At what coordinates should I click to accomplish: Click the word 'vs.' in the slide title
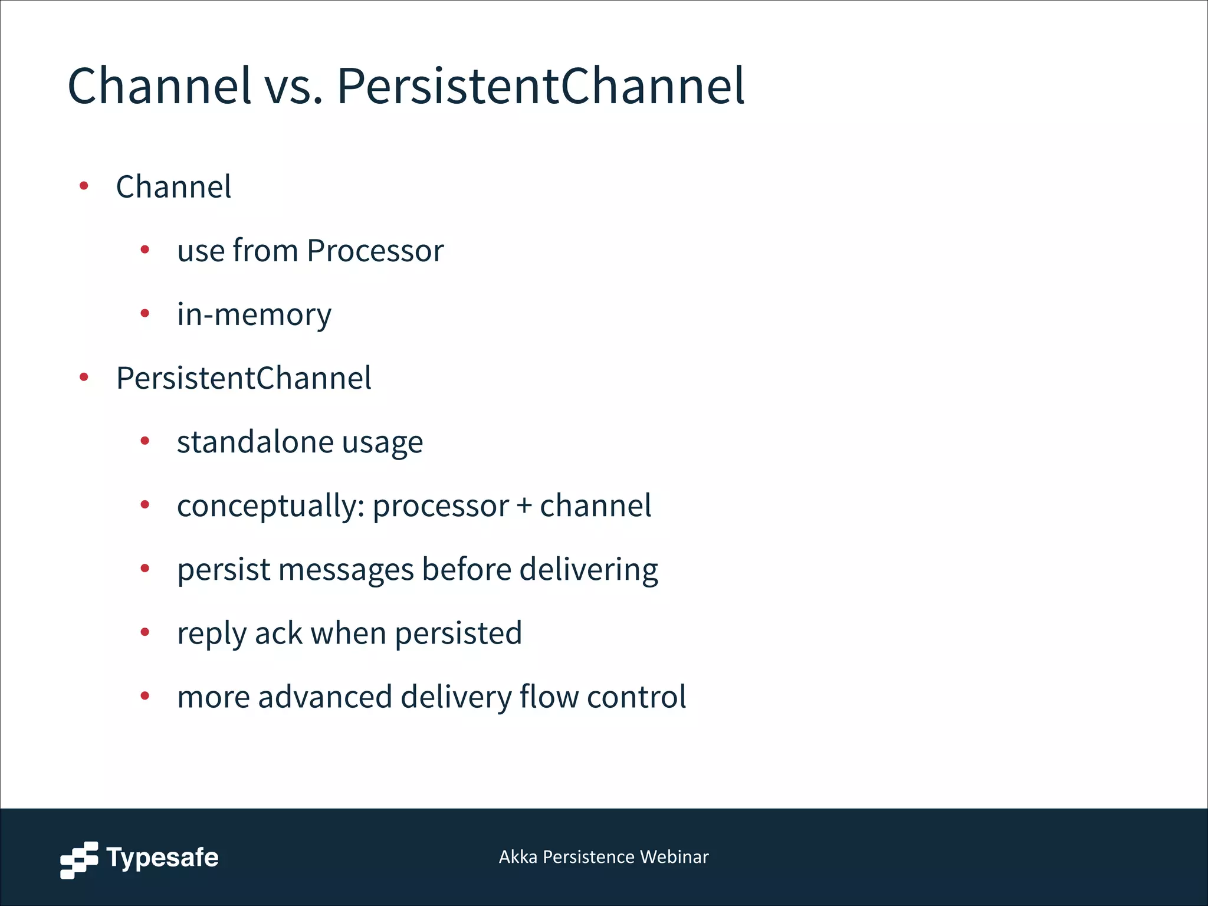click(x=293, y=87)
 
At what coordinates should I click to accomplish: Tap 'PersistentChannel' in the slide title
click(x=540, y=87)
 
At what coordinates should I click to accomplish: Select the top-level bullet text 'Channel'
click(x=173, y=187)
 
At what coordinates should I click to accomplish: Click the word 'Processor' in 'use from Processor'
click(x=375, y=251)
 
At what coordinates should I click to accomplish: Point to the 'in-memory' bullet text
click(x=254, y=314)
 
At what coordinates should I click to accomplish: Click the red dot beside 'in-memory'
click(x=145, y=313)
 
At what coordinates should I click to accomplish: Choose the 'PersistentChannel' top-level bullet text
click(x=244, y=378)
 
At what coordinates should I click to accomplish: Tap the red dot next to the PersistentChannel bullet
click(x=84, y=377)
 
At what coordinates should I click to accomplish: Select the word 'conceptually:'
click(x=270, y=506)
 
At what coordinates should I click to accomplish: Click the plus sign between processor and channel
click(x=524, y=506)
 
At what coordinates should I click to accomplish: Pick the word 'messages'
click(x=346, y=570)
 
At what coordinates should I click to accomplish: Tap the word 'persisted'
click(x=458, y=633)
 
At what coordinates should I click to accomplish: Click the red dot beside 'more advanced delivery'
click(x=145, y=697)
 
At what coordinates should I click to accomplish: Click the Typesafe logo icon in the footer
click(x=79, y=860)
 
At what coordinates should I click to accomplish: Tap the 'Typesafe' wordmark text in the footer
click(x=162, y=858)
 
